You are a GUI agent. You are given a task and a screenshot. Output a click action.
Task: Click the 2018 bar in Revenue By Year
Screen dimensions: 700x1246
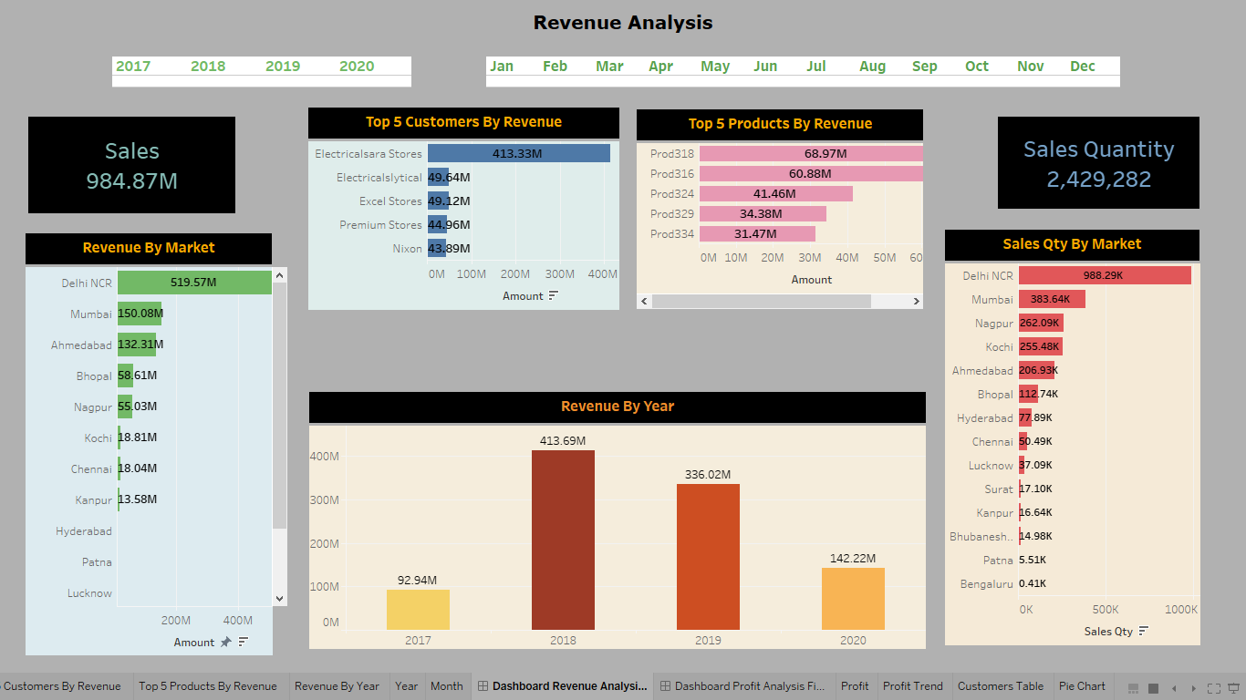point(563,540)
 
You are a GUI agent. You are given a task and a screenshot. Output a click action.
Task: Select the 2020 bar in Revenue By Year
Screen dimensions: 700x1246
point(853,599)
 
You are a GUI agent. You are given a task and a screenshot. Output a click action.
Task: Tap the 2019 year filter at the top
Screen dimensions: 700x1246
point(283,66)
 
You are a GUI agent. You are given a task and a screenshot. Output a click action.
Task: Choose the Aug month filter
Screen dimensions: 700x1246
point(872,66)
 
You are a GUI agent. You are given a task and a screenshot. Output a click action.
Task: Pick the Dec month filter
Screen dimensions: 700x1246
point(1083,66)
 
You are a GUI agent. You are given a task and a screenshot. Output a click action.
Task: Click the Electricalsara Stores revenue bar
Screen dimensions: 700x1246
point(518,153)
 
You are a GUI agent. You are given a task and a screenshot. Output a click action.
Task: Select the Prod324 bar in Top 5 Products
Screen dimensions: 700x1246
point(775,193)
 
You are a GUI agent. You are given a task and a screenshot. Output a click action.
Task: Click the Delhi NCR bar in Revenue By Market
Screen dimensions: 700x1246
point(193,283)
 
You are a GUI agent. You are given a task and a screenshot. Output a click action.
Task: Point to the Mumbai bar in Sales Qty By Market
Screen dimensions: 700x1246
point(1052,299)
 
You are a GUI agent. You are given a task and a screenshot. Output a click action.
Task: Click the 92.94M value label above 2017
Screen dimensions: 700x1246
point(417,580)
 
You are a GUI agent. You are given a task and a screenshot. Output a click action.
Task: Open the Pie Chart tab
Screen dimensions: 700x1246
point(1082,686)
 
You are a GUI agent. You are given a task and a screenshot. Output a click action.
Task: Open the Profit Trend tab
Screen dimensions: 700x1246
point(913,686)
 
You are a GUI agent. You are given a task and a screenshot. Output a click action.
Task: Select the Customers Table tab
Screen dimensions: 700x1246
point(1001,686)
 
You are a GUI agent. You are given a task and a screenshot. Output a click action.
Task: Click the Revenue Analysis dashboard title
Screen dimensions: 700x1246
point(623,23)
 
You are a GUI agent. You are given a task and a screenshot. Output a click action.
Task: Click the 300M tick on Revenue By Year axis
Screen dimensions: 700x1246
point(325,499)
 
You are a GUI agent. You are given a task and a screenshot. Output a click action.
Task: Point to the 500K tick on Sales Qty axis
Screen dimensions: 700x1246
point(1105,609)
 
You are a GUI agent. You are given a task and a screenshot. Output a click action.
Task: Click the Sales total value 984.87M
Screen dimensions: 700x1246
point(131,180)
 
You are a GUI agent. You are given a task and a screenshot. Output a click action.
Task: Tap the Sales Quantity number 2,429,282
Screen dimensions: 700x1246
point(1098,180)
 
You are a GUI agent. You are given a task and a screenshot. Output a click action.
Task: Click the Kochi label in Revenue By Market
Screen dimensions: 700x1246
point(98,437)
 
